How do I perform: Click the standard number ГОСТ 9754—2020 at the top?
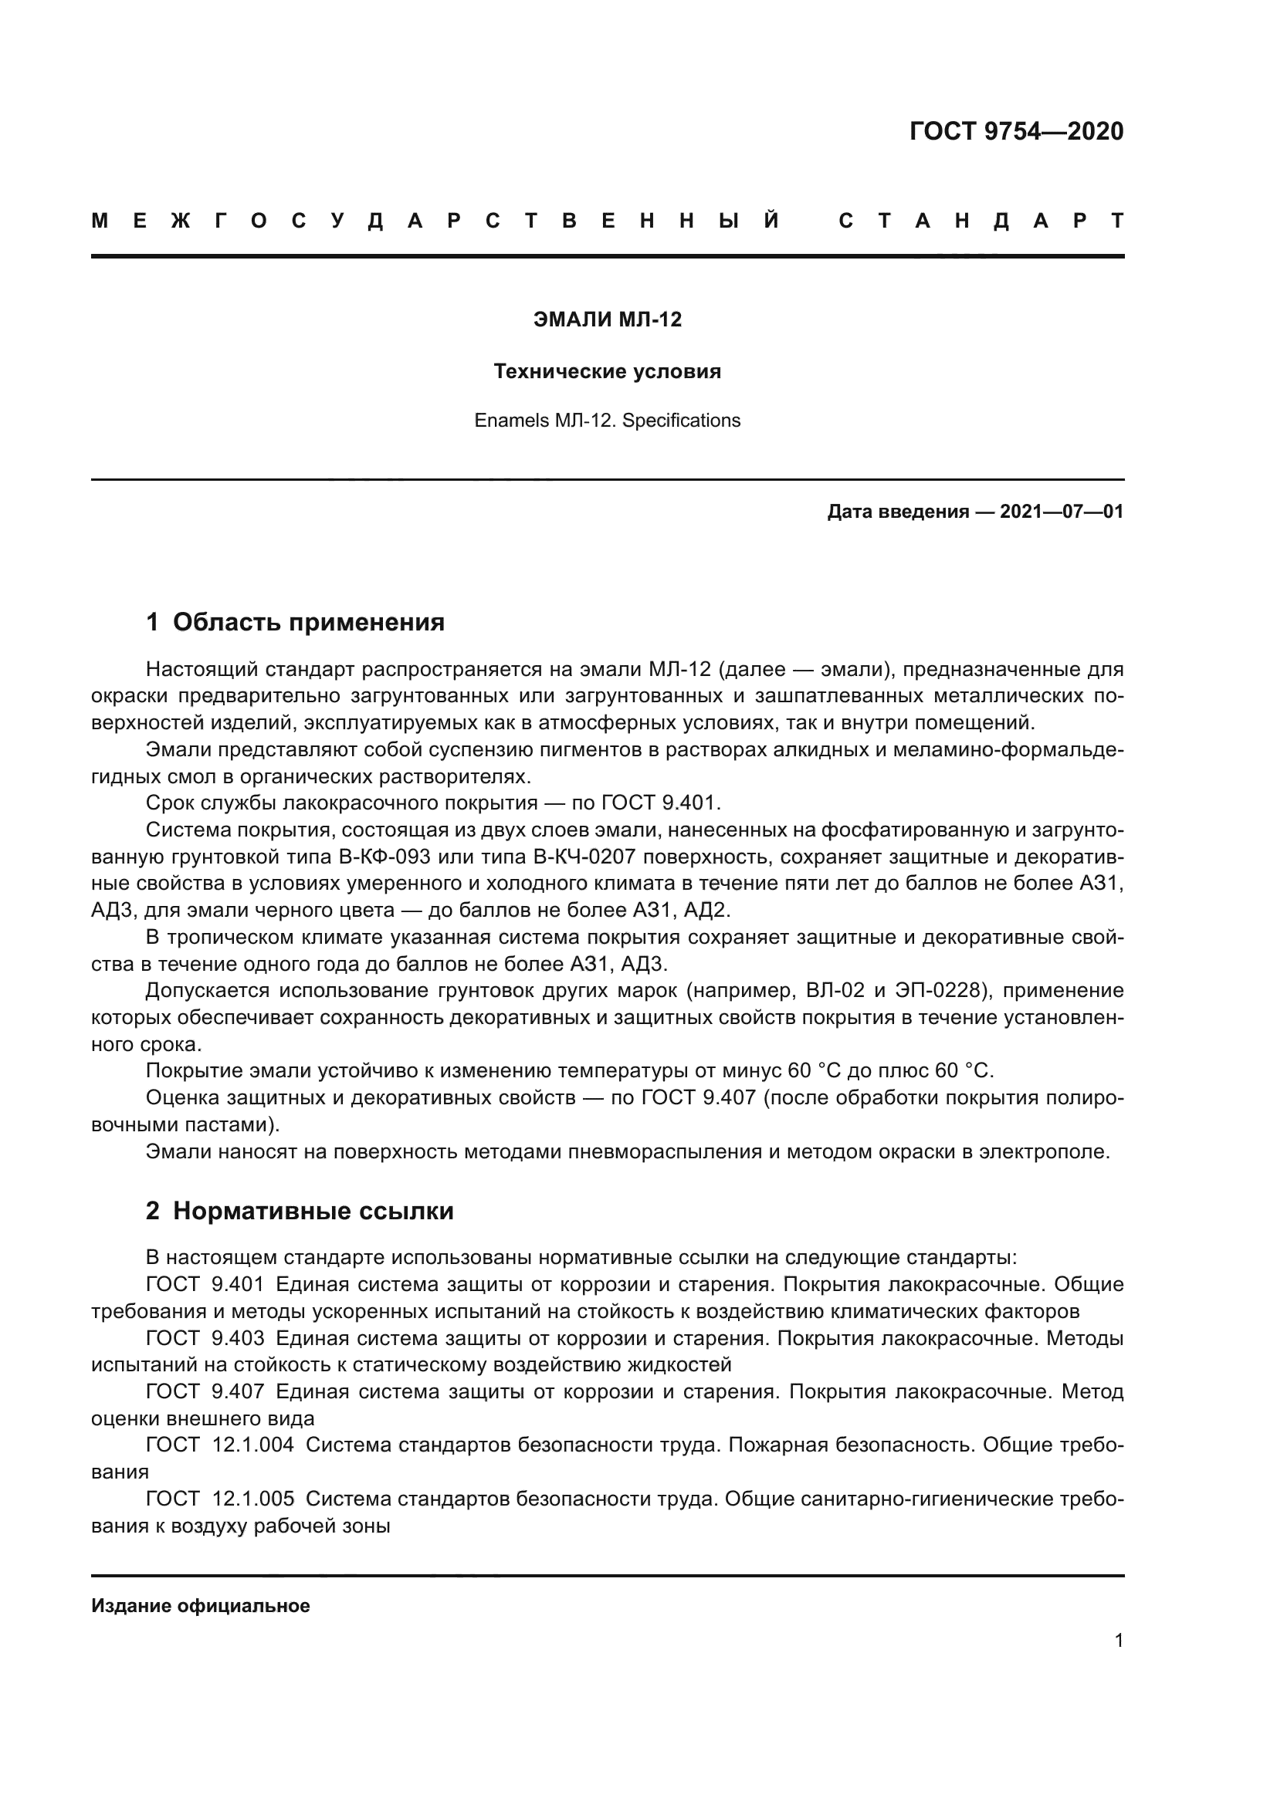pos(1016,131)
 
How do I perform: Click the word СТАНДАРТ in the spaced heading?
pos(981,221)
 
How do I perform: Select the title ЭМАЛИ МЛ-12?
pos(607,319)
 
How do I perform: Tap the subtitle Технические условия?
pos(607,371)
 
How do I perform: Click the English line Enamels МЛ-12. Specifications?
pos(607,421)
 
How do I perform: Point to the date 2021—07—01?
pos(1061,512)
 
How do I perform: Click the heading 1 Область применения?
pos(295,623)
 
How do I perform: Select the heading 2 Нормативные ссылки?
pos(300,1211)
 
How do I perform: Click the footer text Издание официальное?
pos(201,1606)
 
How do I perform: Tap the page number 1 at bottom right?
pos(1118,1641)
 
